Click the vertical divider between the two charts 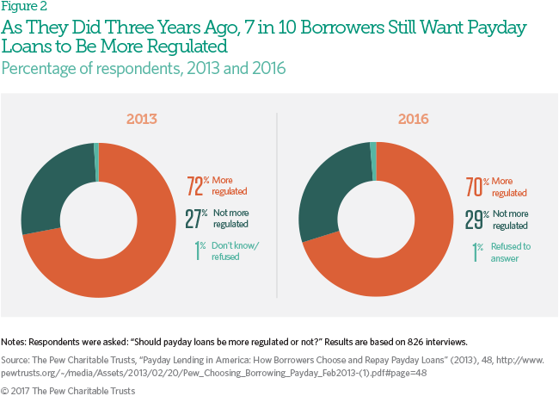[277, 207]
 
